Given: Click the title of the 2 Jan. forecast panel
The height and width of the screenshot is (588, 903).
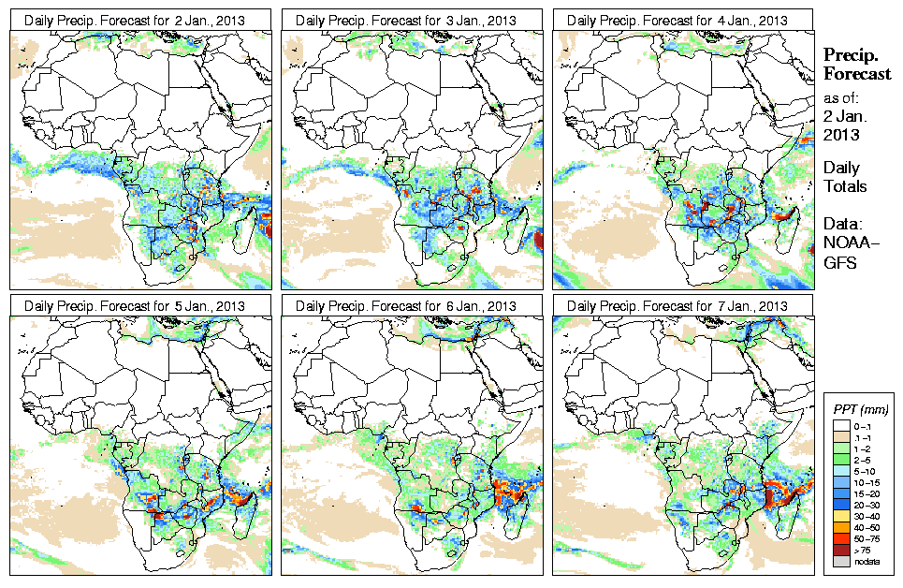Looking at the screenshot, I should pyautogui.click(x=139, y=20).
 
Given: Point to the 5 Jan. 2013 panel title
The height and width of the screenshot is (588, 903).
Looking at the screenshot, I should pyautogui.click(x=139, y=305).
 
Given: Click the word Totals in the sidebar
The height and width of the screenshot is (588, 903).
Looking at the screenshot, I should pyautogui.click(x=845, y=186).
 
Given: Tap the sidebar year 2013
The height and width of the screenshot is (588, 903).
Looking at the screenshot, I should pyautogui.click(x=841, y=134).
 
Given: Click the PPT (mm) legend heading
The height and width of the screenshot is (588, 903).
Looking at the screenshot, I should pyautogui.click(x=860, y=409).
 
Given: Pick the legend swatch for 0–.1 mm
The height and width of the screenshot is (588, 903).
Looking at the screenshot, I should pyautogui.click(x=839, y=426).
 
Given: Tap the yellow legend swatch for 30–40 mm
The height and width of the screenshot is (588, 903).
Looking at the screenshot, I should pyautogui.click(x=839, y=517).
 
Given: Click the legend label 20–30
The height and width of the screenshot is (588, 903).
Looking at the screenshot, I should pyautogui.click(x=868, y=505).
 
